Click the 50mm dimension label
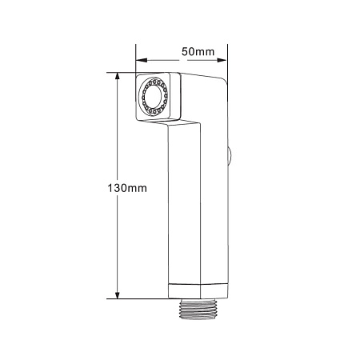pyautogui.click(x=198, y=51)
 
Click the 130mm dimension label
pyautogui.click(x=127, y=188)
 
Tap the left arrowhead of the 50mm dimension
pyautogui.click(x=142, y=60)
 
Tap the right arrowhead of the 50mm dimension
pyautogui.click(x=222, y=60)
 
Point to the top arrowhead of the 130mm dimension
pyautogui.click(x=117, y=77)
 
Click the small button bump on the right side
pyautogui.click(x=230, y=154)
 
